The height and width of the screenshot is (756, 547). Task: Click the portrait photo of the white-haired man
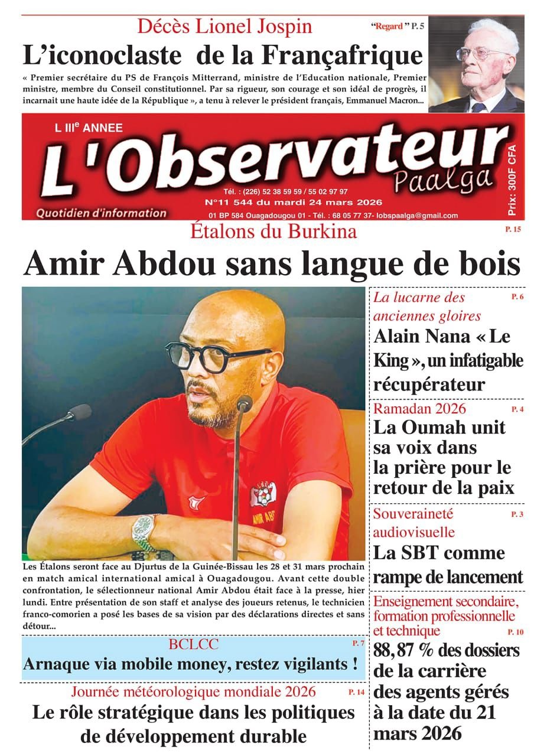[476, 64]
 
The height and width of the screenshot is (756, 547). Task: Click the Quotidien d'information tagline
[101, 213]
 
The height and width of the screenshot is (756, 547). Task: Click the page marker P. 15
[513, 229]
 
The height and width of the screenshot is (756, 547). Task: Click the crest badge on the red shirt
[262, 494]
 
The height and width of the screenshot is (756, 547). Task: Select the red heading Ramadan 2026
[419, 408]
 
